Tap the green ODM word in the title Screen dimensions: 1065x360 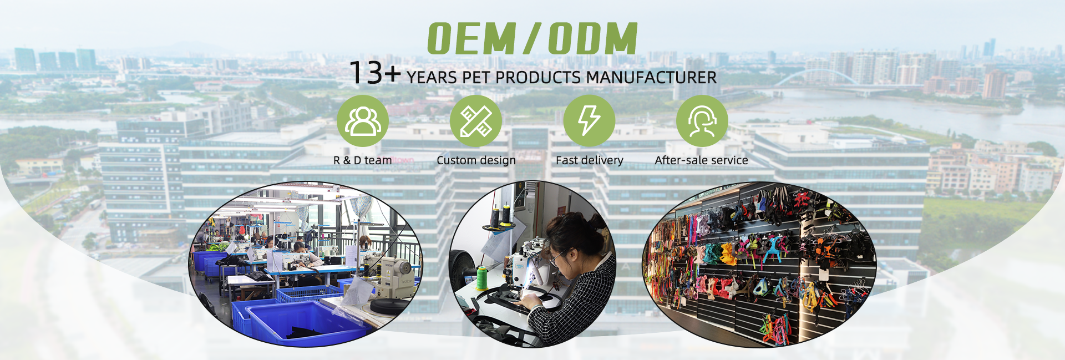[x=593, y=39]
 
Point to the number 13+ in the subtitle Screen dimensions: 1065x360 [x=375, y=73]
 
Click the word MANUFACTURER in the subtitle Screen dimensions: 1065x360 [x=651, y=78]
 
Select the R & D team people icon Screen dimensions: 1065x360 [x=363, y=121]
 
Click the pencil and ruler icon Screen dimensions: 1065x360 [x=476, y=121]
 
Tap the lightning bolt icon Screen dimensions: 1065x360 [x=589, y=121]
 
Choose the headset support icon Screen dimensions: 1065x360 [x=702, y=121]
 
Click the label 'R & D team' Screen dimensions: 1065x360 [x=362, y=160]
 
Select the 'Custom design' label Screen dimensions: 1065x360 [x=476, y=160]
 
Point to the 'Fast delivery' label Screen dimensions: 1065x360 [x=589, y=160]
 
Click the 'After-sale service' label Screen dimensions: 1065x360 [x=701, y=160]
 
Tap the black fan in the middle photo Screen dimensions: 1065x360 [x=460, y=267]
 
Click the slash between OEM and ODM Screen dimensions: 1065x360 [x=531, y=39]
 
